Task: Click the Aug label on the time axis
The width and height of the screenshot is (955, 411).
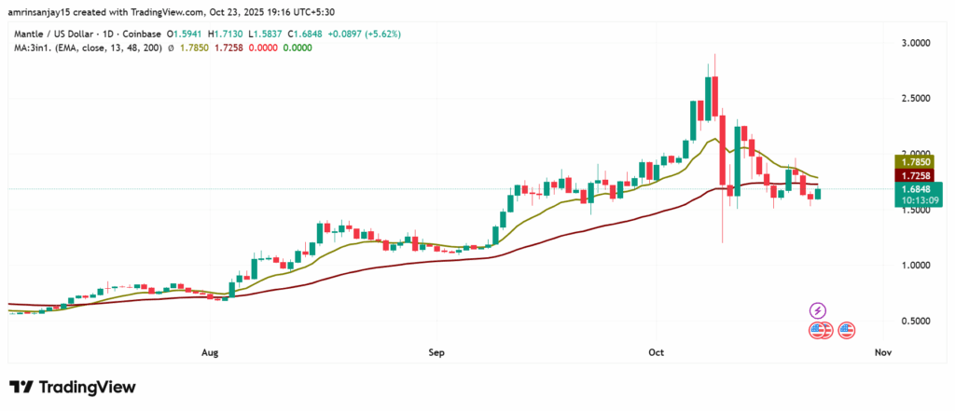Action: (210, 353)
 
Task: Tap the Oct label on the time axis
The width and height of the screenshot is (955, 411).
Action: (656, 353)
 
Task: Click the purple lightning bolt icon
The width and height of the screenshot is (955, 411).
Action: (818, 310)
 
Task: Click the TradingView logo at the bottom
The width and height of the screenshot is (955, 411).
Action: (73, 387)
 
